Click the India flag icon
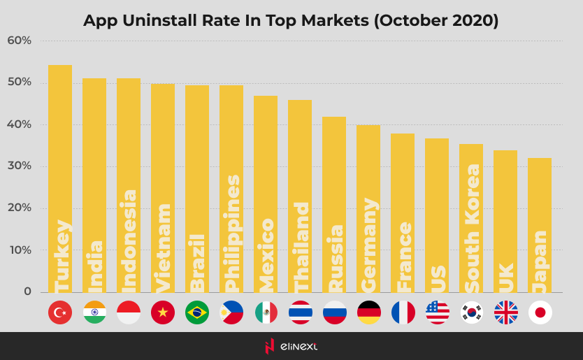coord(94,312)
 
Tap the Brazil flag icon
coord(197,312)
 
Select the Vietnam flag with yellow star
coord(163,312)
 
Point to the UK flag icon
coord(505,312)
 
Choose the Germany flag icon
coord(368,312)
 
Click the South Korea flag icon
coord(471,312)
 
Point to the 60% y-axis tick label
coord(20,41)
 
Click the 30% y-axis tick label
coord(20,166)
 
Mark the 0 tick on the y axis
coord(27,291)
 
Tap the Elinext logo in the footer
coord(291,346)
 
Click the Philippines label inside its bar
coord(232,233)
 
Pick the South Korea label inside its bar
coord(472,229)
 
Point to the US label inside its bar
coord(438,278)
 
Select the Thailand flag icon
coord(300,312)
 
